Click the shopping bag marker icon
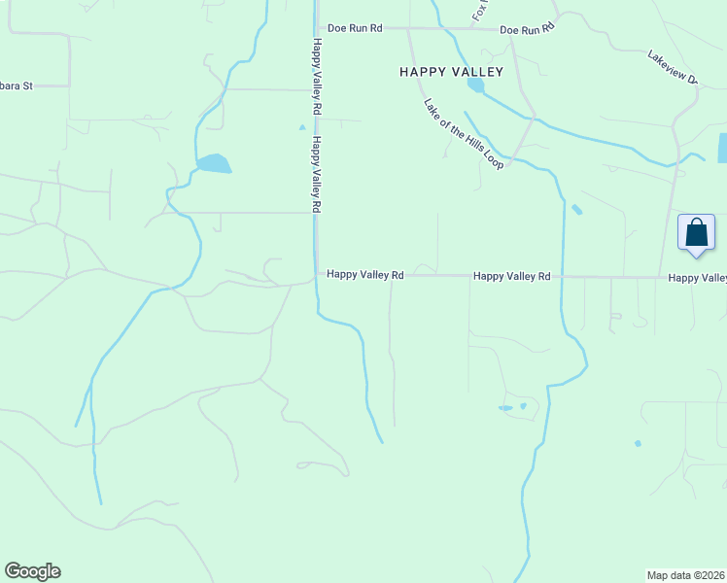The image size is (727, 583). click(696, 234)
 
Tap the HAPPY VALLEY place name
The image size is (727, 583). click(452, 72)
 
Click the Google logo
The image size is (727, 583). click(33, 571)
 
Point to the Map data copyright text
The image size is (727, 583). click(686, 574)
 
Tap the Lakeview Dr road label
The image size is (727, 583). click(673, 66)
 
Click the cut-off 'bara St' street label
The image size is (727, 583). click(17, 86)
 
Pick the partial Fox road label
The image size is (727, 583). click(479, 11)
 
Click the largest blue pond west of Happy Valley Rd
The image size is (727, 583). click(214, 163)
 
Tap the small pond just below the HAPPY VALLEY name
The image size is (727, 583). click(475, 85)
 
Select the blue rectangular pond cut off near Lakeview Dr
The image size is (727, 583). click(722, 147)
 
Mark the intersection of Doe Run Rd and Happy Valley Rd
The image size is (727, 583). click(315, 28)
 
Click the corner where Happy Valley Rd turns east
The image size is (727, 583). click(316, 276)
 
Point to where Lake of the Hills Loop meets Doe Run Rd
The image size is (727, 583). click(408, 29)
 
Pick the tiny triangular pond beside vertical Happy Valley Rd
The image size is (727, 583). click(302, 126)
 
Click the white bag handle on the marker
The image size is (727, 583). click(696, 223)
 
